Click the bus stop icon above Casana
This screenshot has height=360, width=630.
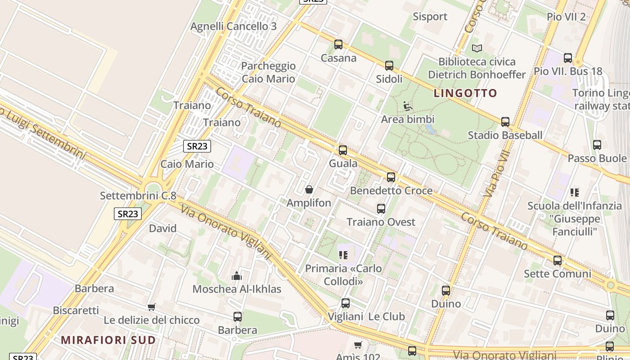(x=338, y=45)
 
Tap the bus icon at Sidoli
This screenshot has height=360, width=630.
(x=389, y=66)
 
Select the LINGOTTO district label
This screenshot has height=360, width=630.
(x=465, y=93)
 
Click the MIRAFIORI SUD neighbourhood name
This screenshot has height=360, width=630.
(x=108, y=340)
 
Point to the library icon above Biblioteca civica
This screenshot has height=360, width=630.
(x=477, y=48)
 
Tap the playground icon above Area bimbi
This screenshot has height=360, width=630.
(x=408, y=106)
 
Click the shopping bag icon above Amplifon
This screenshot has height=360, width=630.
(x=309, y=189)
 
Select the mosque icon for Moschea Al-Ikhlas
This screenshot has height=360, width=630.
(x=237, y=276)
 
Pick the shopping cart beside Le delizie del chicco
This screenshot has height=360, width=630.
(x=152, y=307)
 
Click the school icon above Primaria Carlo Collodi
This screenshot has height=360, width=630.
(x=344, y=255)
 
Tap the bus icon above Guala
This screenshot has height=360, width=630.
(x=343, y=150)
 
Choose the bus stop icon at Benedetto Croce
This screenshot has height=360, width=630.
(x=391, y=177)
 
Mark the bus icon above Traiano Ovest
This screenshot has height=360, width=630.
(x=381, y=209)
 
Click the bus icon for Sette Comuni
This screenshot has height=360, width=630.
(x=558, y=261)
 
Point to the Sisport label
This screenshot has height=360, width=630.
(x=430, y=17)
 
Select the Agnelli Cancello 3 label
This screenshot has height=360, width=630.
(x=234, y=26)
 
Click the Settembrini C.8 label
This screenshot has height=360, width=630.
(x=138, y=196)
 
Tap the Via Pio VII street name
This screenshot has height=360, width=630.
(x=497, y=174)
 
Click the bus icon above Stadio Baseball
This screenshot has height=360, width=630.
(x=505, y=122)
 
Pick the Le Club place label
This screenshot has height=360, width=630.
(x=387, y=316)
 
